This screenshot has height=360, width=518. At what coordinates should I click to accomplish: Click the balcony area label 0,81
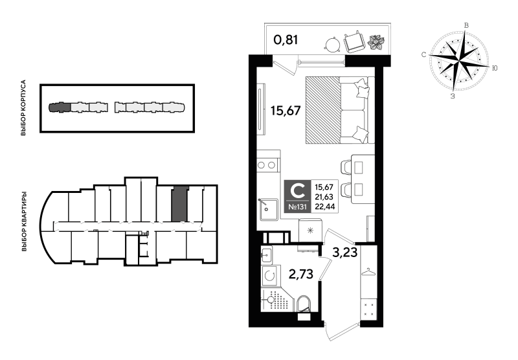[x=286, y=40]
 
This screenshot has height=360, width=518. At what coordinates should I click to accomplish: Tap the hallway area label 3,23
[x=345, y=253]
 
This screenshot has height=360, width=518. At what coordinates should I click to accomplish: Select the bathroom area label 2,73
[x=300, y=274]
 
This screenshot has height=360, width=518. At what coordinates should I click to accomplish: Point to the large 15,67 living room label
[x=286, y=111]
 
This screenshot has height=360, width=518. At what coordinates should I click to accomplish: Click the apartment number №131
[x=297, y=207]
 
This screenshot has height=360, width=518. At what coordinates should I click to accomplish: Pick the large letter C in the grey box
[x=297, y=190]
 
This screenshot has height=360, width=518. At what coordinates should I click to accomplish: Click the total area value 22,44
[x=324, y=207]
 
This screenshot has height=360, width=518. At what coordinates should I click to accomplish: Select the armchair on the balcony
[x=354, y=41]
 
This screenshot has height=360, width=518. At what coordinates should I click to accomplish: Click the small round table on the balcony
[x=332, y=44]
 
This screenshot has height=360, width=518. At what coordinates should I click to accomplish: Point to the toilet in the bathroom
[x=304, y=304]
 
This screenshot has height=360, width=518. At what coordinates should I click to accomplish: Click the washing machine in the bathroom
[x=270, y=276]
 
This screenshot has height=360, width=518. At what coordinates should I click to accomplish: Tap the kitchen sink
[x=268, y=209]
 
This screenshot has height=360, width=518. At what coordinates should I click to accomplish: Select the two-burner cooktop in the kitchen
[x=267, y=165]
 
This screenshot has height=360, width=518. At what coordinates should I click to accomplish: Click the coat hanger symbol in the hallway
[x=368, y=271]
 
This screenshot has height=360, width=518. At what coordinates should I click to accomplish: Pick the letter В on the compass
[x=466, y=25]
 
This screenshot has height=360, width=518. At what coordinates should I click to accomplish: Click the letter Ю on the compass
[x=494, y=68]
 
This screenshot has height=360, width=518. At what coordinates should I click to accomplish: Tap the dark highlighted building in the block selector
[x=60, y=107]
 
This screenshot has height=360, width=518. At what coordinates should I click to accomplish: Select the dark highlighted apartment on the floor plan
[x=179, y=204]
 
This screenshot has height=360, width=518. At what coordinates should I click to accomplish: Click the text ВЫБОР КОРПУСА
[x=23, y=108]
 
